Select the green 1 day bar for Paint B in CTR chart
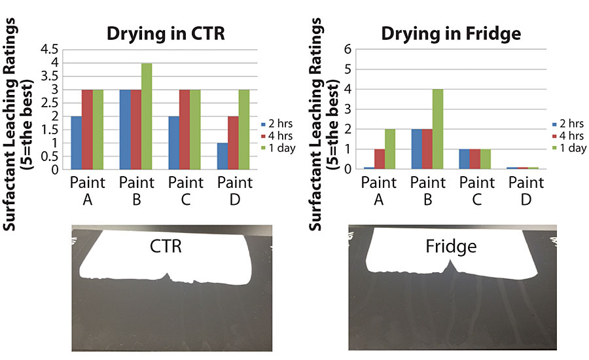coord(147,117)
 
